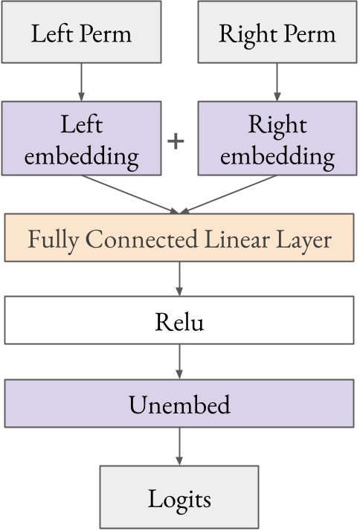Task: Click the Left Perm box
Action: pyautogui.click(x=80, y=33)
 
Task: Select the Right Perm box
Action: pyautogui.click(x=277, y=33)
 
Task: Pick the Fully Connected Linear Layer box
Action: pyautogui.click(x=179, y=239)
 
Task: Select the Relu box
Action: pyautogui.click(x=179, y=322)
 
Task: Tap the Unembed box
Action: pyautogui.click(x=179, y=405)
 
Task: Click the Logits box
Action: pyautogui.click(x=179, y=498)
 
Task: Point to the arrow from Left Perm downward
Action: pyautogui.click(x=80, y=82)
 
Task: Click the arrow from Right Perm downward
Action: pyautogui.click(x=277, y=82)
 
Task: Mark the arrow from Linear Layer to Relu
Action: pyautogui.click(x=179, y=280)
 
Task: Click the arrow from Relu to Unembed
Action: pyautogui.click(x=179, y=362)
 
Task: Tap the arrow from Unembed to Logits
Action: pyautogui.click(x=179, y=448)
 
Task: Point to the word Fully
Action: pyautogui.click(x=54, y=240)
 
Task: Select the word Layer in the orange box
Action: pyautogui.click(x=303, y=240)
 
